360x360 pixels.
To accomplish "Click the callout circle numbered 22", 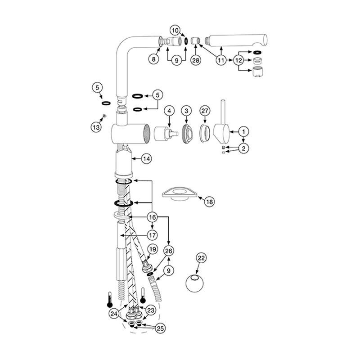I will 201,258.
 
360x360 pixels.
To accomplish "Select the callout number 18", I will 209,202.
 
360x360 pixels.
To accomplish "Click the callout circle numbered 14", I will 146,158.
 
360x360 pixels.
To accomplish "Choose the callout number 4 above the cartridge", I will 169,110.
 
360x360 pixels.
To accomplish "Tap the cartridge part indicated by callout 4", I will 166,135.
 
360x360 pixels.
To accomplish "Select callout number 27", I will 205,110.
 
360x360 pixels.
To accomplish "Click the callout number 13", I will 96,127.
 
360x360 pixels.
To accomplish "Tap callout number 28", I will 195,60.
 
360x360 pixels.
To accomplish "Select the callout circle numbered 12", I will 238,60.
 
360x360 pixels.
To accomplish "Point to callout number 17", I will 152,234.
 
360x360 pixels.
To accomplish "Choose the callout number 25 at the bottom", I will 159,329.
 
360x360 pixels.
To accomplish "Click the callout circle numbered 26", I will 168,251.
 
